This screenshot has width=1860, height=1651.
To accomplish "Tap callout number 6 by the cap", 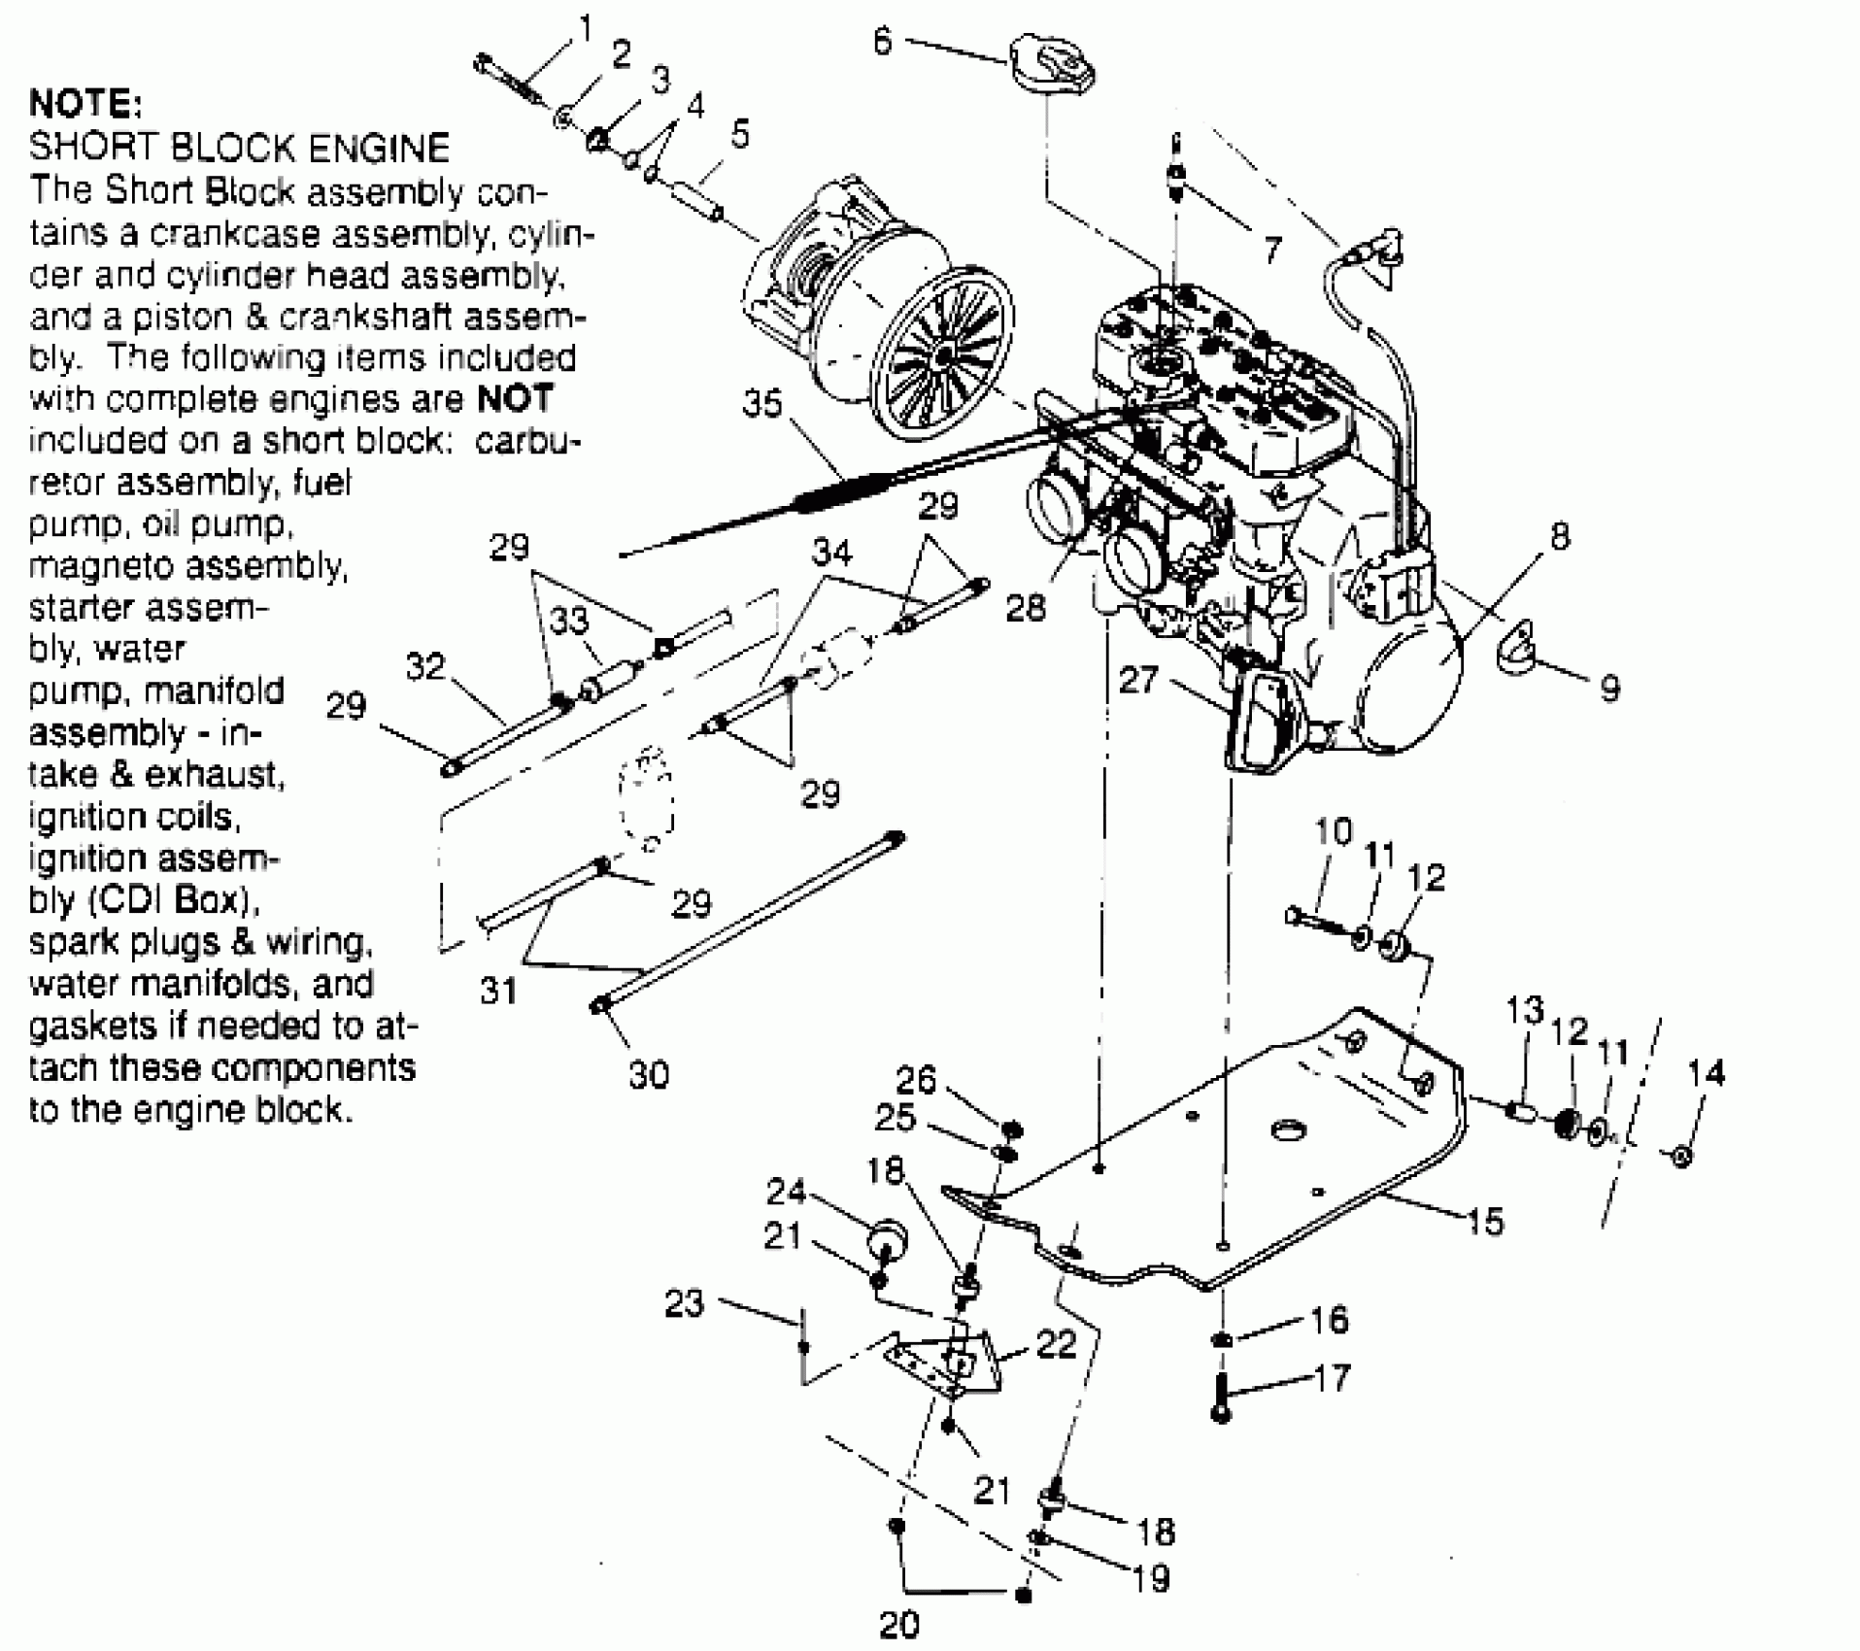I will point(882,43).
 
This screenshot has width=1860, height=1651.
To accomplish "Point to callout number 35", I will point(762,403).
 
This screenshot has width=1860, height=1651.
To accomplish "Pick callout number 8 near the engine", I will point(1559,535).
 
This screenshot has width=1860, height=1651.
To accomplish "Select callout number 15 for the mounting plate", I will point(1484,1220).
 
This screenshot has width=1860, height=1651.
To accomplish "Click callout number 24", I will point(787,1191).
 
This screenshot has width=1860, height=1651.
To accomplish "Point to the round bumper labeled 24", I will point(887,1241).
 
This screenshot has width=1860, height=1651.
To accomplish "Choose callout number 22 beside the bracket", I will point(1056,1344).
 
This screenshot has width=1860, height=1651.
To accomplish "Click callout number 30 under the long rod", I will point(649,1074).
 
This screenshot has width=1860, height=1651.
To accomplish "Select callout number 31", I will point(498,991).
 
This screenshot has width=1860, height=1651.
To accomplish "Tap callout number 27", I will point(1138,679).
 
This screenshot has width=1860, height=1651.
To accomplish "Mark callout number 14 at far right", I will point(1706,1073).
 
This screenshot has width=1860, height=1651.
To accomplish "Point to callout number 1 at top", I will point(585,29).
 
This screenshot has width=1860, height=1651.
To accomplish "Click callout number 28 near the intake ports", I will point(1027,608).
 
